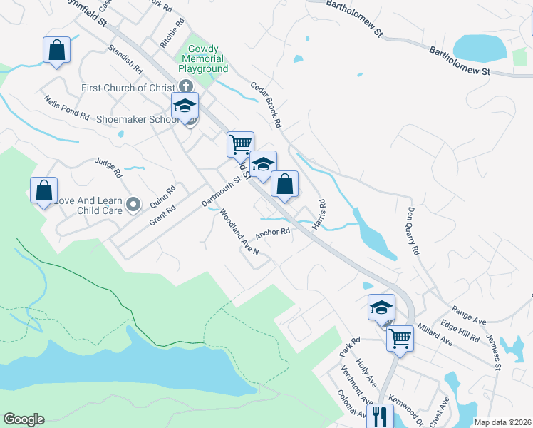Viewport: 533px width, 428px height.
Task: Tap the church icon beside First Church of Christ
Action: tap(182, 87)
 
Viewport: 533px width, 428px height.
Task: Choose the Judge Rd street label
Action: tap(108, 168)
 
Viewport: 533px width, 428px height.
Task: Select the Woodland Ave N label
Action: tap(239, 233)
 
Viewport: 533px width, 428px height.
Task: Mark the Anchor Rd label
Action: tap(273, 233)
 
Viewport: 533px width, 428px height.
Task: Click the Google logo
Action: tap(24, 419)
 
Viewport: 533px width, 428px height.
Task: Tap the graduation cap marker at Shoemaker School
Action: tap(185, 106)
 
